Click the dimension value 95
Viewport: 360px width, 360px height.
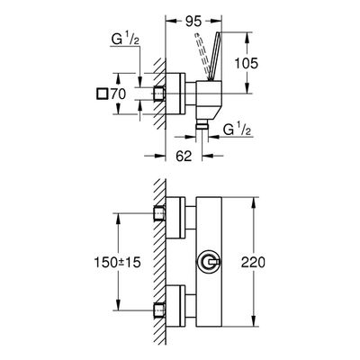pyautogui.click(x=193, y=22)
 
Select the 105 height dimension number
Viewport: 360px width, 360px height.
pyautogui.click(x=246, y=64)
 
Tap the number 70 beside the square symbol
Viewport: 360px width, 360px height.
pyautogui.click(x=118, y=94)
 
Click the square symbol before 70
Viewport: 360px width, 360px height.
pyautogui.click(x=102, y=94)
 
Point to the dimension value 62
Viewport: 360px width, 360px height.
pyautogui.click(x=184, y=156)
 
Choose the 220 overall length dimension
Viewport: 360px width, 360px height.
pyautogui.click(x=254, y=263)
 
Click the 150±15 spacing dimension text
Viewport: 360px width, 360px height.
pyautogui.click(x=118, y=263)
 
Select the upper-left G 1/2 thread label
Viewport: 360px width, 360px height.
pyautogui.click(x=125, y=40)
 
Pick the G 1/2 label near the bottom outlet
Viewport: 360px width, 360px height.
pyautogui.click(x=238, y=130)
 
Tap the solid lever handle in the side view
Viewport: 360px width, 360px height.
pyautogui.click(x=213, y=56)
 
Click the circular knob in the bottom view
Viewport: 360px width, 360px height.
pyautogui.click(x=209, y=262)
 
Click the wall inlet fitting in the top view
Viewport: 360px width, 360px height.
pyautogui.click(x=159, y=94)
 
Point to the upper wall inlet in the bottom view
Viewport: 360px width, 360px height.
pyautogui.click(x=159, y=213)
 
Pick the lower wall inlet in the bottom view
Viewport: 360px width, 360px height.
pyautogui.click(x=159, y=310)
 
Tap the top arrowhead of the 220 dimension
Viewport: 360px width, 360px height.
pyautogui.click(x=254, y=202)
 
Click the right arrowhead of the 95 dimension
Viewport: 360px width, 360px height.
pyautogui.click(x=217, y=22)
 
